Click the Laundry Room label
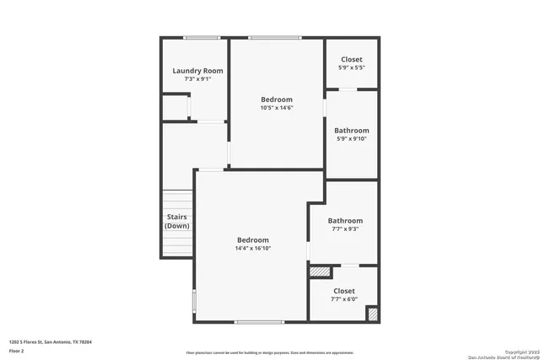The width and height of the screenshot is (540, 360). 197,71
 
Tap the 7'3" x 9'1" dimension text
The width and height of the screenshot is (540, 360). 197,81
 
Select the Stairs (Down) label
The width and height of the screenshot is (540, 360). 176,221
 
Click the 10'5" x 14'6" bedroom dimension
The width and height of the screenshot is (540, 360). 276,108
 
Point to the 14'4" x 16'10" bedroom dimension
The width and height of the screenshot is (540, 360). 252,249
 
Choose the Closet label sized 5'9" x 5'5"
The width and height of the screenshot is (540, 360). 351,60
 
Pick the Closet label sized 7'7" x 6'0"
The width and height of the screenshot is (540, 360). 343,291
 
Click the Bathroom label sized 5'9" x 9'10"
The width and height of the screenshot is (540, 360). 351,131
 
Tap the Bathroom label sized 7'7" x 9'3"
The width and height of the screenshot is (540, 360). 345,221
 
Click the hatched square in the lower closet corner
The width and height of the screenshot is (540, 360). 372,314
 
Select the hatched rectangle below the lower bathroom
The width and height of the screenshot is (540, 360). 320,271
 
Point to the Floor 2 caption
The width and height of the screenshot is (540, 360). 17,350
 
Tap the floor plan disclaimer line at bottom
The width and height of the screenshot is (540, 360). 270,352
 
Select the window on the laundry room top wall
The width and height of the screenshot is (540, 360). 202,37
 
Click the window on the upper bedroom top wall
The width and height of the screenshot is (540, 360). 275,37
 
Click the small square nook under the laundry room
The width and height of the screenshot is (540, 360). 175,108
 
